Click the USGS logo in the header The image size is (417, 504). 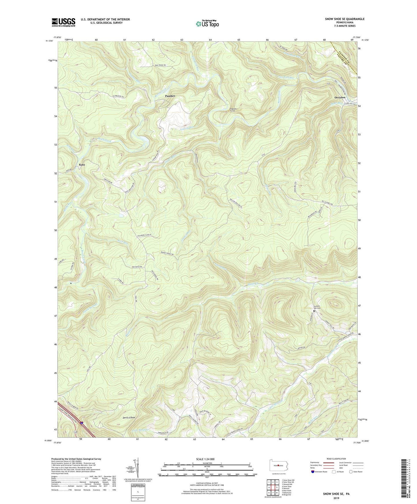(x=63, y=22)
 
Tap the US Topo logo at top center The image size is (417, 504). (x=207, y=24)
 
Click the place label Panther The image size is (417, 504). (x=170, y=96)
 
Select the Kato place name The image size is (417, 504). (x=82, y=165)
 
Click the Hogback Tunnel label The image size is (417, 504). (x=233, y=110)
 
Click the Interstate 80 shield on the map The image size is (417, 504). (x=82, y=423)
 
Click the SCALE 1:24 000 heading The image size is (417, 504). (x=207, y=459)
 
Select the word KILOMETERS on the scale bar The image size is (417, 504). (x=207, y=463)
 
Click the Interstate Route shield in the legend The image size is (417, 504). (x=313, y=472)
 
